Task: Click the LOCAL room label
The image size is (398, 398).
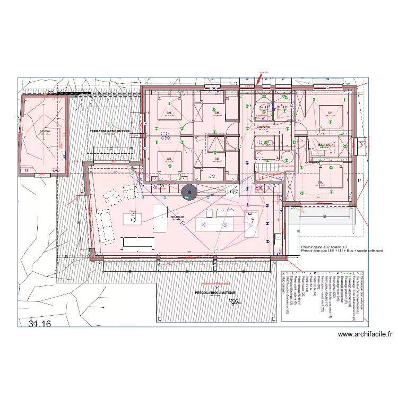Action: click(x=45, y=131)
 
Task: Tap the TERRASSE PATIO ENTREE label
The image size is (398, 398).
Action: click(x=109, y=131)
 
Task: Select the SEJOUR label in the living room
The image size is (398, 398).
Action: click(x=177, y=218)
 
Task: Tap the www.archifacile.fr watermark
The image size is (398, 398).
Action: click(x=365, y=334)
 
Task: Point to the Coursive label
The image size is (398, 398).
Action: click(x=263, y=127)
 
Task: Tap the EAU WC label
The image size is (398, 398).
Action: click(x=325, y=145)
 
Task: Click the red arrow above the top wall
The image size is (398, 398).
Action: click(x=259, y=79)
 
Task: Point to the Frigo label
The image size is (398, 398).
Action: click(x=232, y=191)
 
